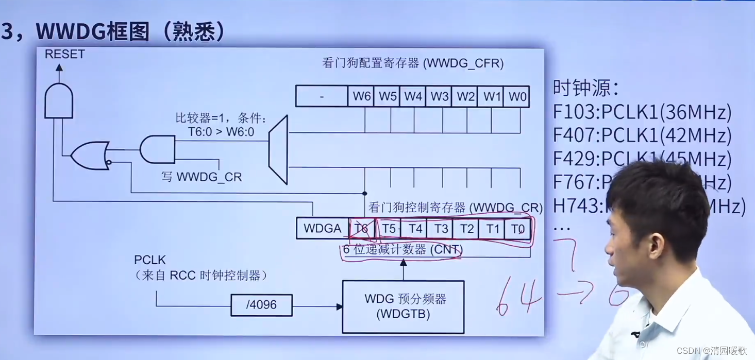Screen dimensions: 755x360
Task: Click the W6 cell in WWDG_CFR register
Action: [x=361, y=96]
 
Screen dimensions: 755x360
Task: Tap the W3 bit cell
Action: [x=440, y=96]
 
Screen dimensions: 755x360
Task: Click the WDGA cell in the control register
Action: [x=322, y=228]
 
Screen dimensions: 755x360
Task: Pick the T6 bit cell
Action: [x=362, y=228]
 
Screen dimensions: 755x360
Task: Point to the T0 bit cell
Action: [x=517, y=228]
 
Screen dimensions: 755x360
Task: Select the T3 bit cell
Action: [x=440, y=228]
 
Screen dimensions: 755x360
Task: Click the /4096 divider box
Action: [x=261, y=305]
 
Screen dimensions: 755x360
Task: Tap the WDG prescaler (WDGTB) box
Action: [x=403, y=306]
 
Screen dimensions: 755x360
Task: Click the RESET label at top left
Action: [x=64, y=54]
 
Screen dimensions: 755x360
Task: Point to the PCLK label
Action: [x=150, y=260]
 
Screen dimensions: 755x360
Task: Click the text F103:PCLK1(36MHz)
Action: [x=642, y=112]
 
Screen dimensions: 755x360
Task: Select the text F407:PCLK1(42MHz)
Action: [x=642, y=135]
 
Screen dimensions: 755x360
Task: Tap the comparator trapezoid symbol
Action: [x=279, y=150]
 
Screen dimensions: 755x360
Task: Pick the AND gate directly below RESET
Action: [x=59, y=101]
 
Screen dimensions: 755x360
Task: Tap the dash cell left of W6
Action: [x=322, y=96]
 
